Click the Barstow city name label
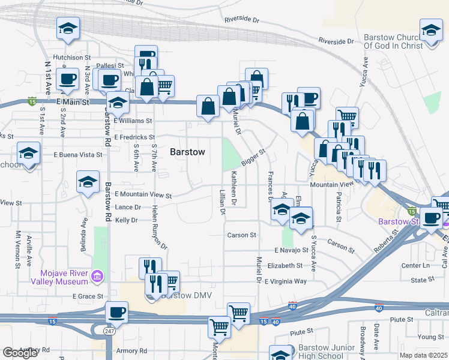tap(187, 152)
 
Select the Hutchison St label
tap(71, 58)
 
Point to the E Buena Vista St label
tap(78, 154)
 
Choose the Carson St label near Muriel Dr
tap(242, 235)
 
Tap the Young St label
tap(431, 337)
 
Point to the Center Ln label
tap(417, 265)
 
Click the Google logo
tap(20, 353)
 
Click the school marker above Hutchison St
tap(68, 28)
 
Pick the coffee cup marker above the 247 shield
tap(116, 312)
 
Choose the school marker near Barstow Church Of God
tap(431, 29)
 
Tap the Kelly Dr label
tap(127, 220)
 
